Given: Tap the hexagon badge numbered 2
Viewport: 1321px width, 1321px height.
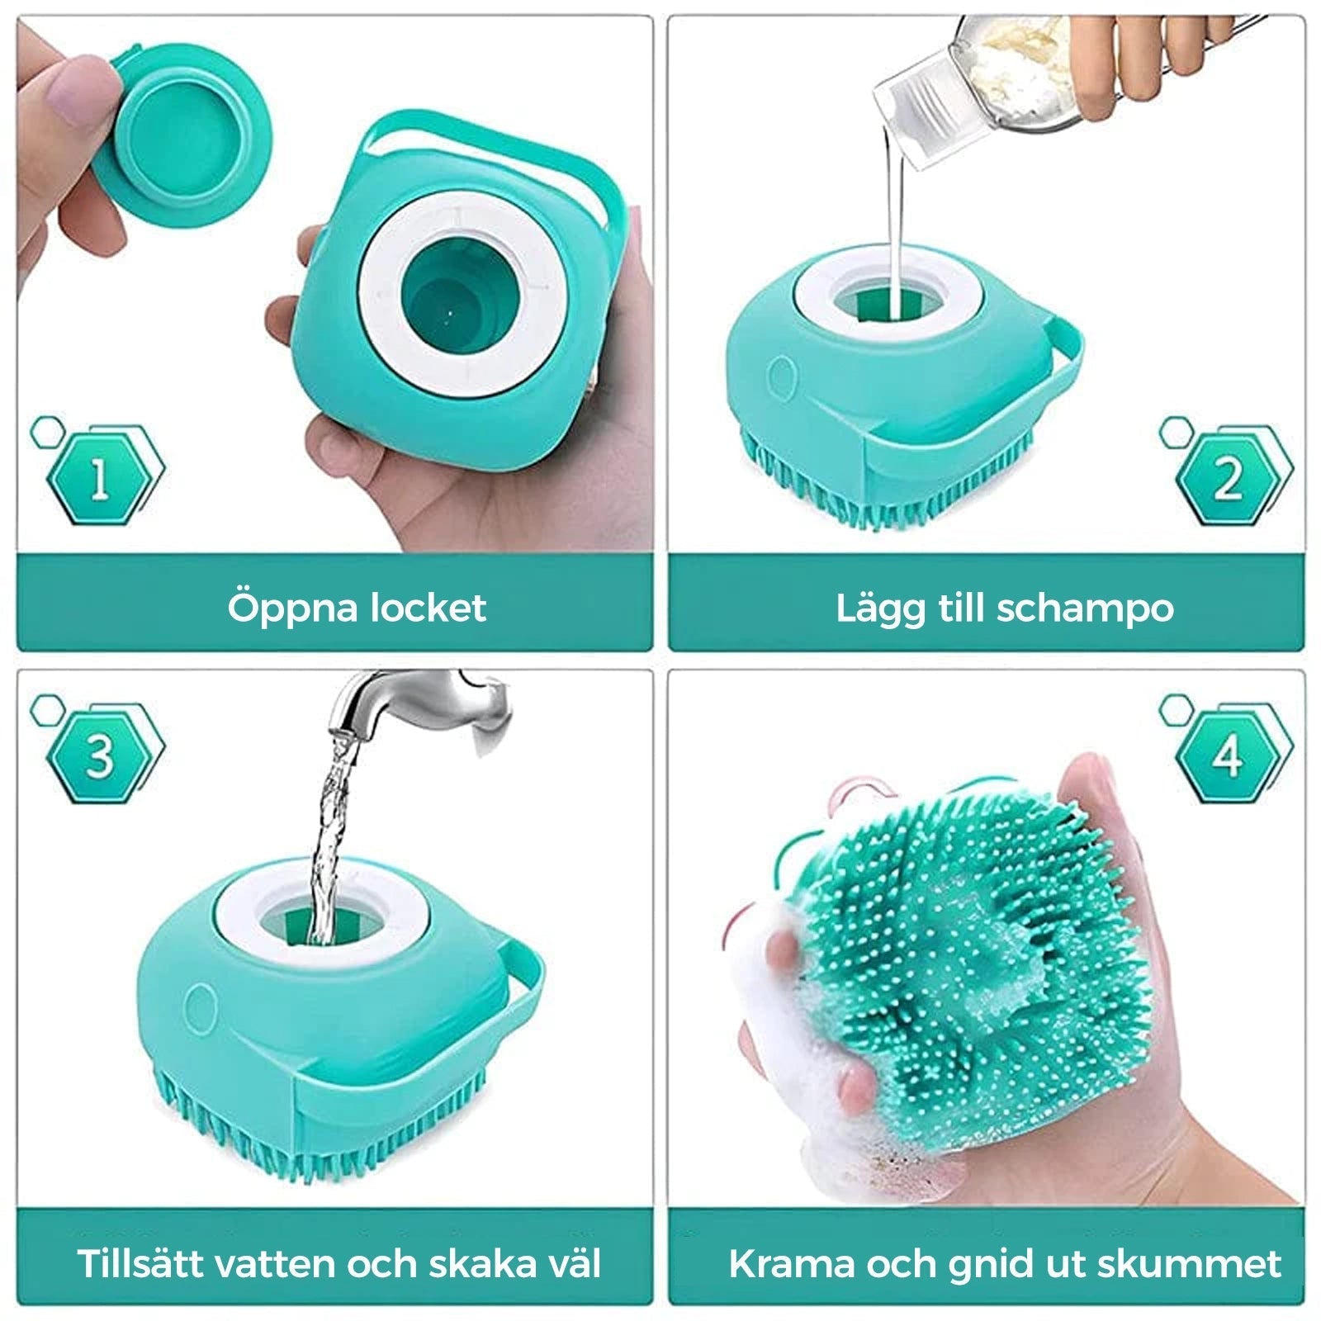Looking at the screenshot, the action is (x=1229, y=476).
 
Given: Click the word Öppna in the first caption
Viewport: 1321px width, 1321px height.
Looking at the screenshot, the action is (x=294, y=608).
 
